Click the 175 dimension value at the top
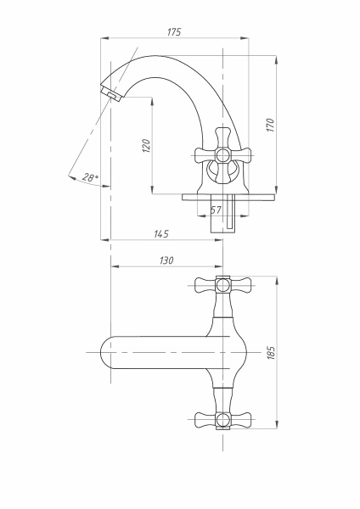[x=174, y=31]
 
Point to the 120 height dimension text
[x=146, y=145]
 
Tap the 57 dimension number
[x=216, y=209]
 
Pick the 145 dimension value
[x=161, y=233]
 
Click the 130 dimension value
[x=166, y=260]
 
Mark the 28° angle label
[x=90, y=177]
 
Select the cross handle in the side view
[x=222, y=155]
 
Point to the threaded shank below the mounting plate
[x=222, y=220]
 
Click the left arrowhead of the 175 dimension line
[x=105, y=38]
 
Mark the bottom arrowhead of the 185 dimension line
[x=276, y=427]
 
